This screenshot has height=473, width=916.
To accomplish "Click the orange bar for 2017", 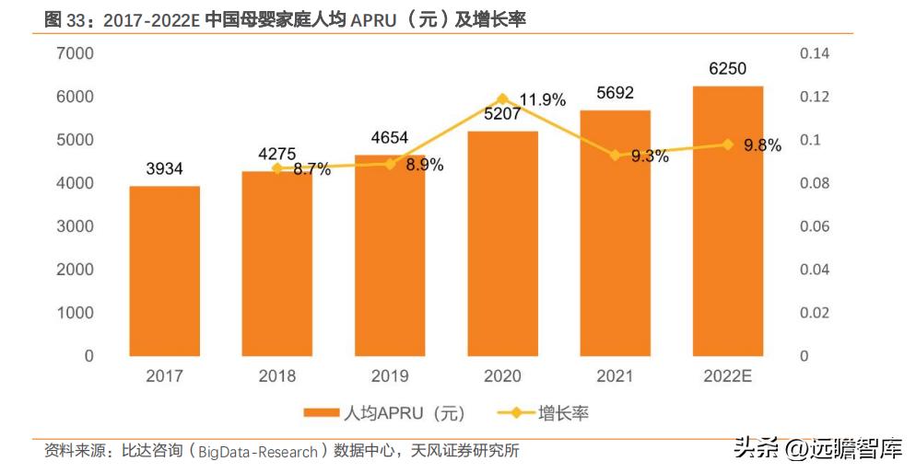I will [x=164, y=271].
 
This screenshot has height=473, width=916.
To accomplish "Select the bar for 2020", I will [x=502, y=243].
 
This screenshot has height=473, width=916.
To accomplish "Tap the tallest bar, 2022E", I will [x=727, y=221].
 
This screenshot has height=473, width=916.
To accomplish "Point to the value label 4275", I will [x=277, y=151].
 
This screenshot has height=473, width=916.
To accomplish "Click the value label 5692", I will [x=615, y=92].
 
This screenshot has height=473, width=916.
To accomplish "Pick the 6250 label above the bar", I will [x=727, y=68].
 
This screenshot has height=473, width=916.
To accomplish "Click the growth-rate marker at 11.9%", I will [x=502, y=98].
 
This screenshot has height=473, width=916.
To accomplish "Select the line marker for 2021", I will [x=615, y=156].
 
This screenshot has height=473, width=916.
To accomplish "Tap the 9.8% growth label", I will [x=761, y=144].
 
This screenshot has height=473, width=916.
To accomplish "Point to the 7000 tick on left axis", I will [x=77, y=54].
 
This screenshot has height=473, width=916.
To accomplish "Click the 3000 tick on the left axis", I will [x=77, y=226].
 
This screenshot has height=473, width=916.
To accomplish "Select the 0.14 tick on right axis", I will [x=815, y=54].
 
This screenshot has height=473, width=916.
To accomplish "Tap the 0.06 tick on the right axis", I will [x=815, y=226].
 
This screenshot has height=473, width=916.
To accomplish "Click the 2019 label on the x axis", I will [x=390, y=376].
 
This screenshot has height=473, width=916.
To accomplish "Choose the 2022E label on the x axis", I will [x=727, y=376].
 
